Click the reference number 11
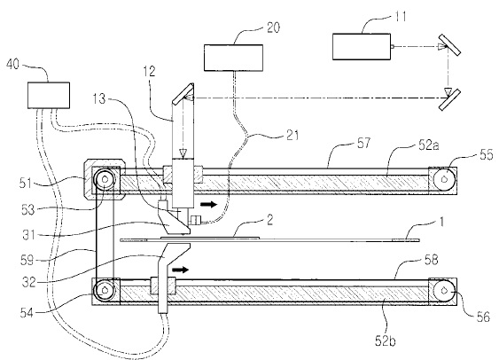(x=401, y=17)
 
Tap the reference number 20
(x=273, y=27)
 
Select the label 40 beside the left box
(x=12, y=65)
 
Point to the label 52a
(x=429, y=145)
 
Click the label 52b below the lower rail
(x=385, y=340)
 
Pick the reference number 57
(x=363, y=143)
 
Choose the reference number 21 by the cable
(x=292, y=136)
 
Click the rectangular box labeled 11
(x=362, y=47)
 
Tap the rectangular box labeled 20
(x=233, y=58)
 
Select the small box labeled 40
(x=49, y=96)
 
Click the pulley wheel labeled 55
(x=444, y=179)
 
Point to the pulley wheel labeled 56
(x=444, y=291)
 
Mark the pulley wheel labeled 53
(x=104, y=179)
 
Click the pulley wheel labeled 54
(x=104, y=290)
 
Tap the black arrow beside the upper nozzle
(x=209, y=204)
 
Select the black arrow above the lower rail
(x=180, y=270)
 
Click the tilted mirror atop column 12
(x=183, y=94)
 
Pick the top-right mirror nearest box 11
(x=450, y=44)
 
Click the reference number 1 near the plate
(x=441, y=223)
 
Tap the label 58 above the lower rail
(x=432, y=260)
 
